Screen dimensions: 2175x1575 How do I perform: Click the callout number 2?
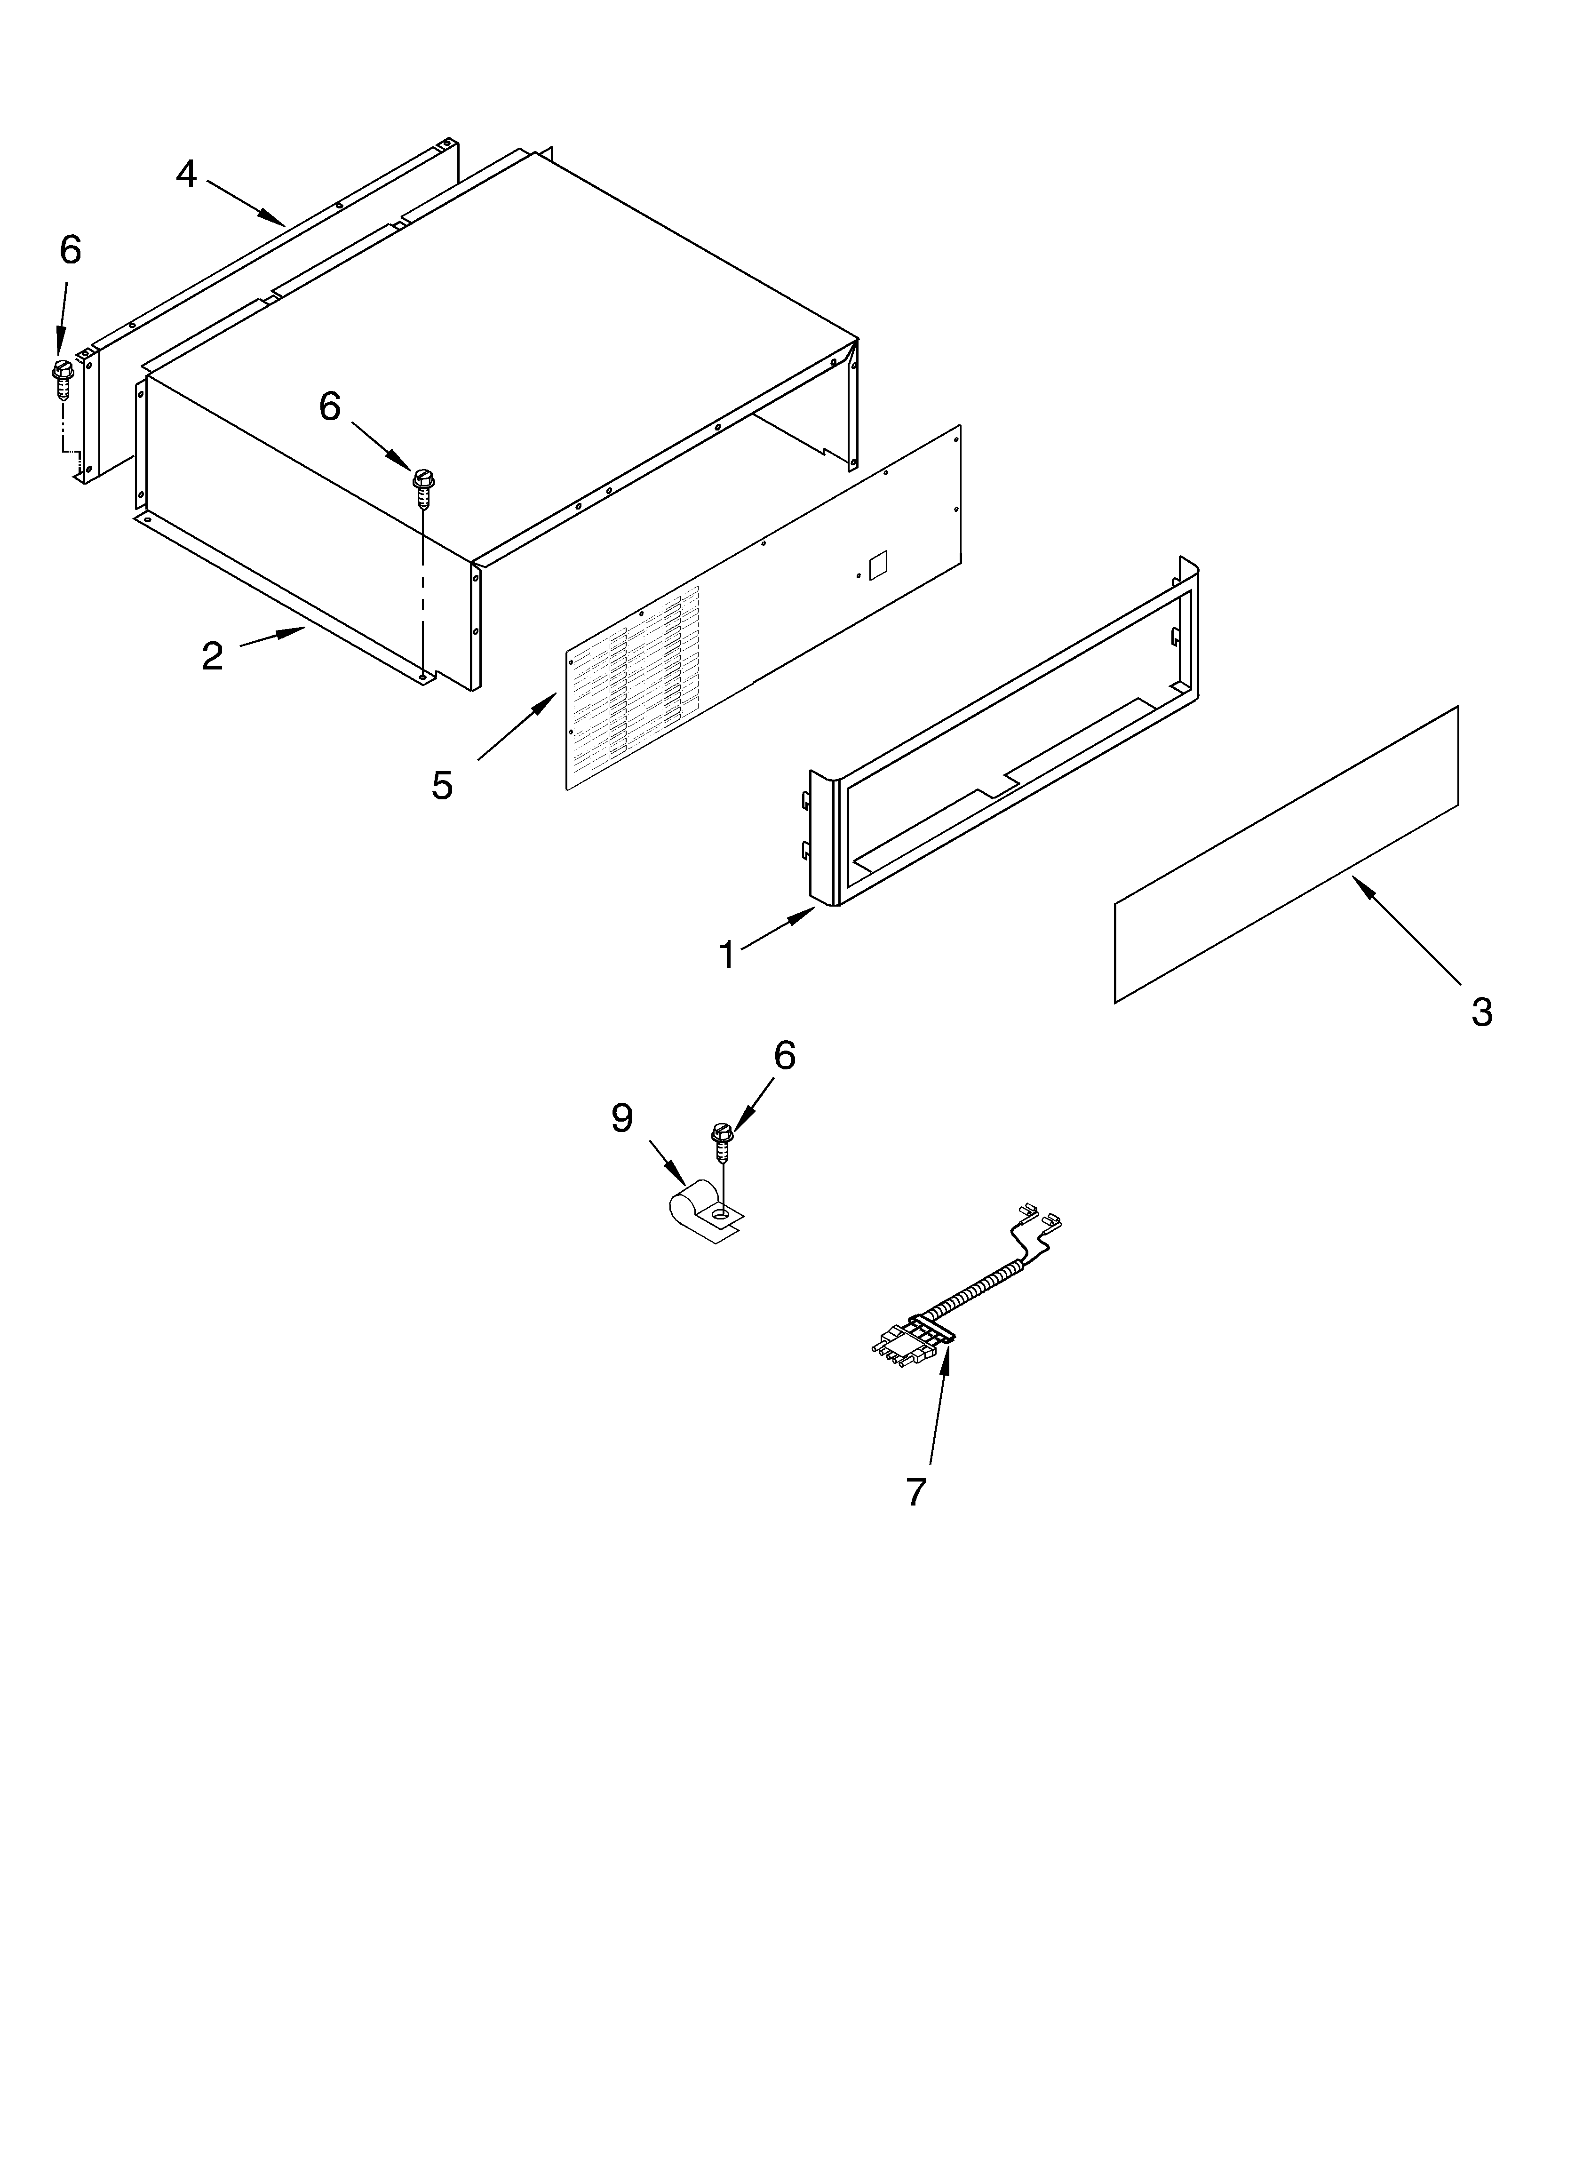212,656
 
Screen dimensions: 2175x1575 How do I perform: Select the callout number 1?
727,955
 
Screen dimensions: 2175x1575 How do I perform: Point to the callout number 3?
1482,1012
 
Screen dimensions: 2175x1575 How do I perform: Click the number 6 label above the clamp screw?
785,1056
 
